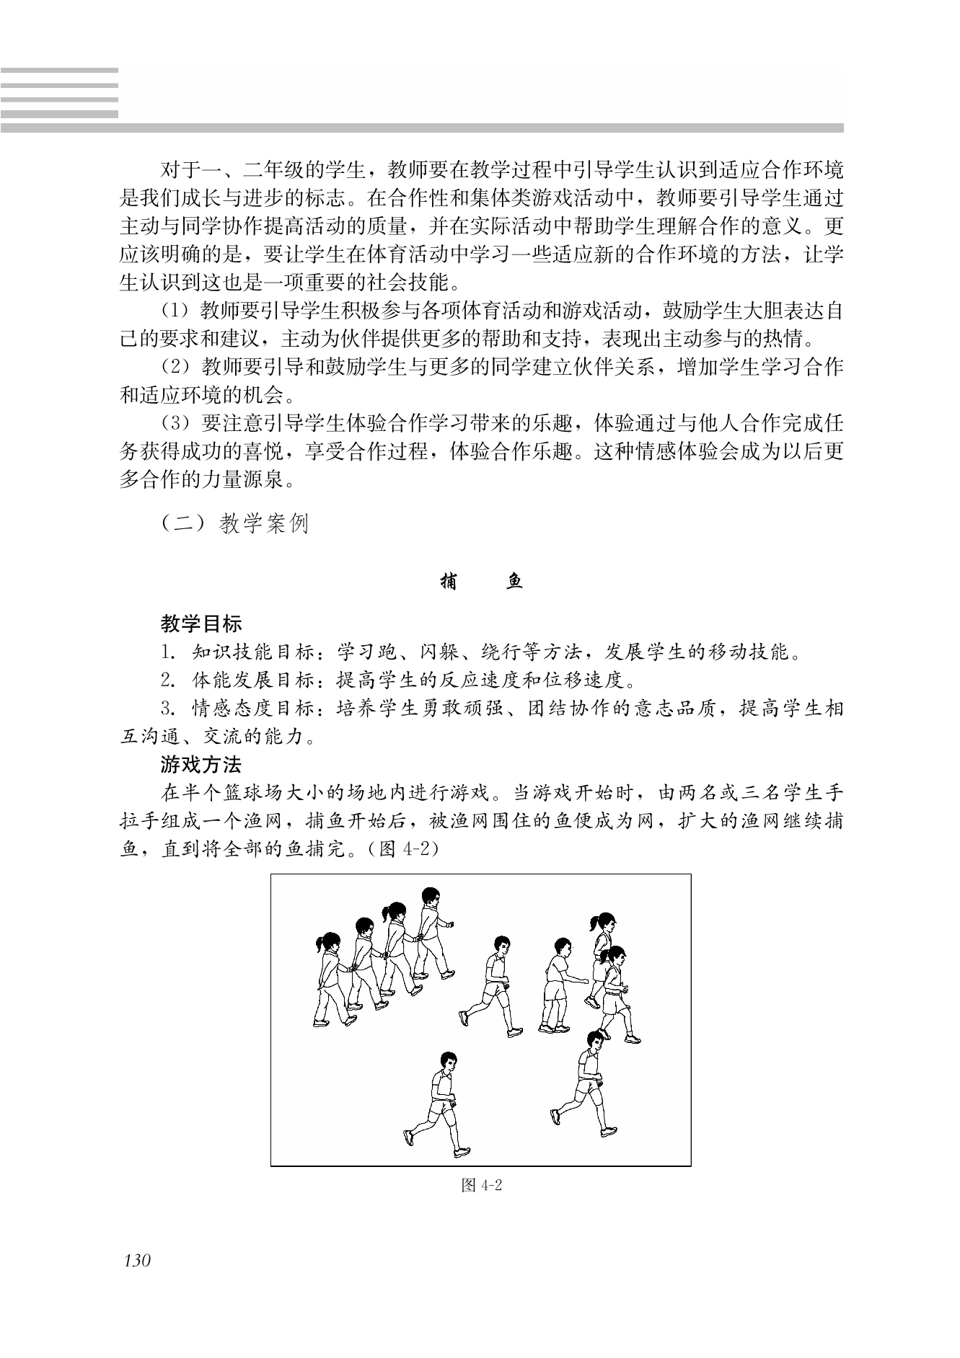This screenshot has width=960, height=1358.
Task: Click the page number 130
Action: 137,1261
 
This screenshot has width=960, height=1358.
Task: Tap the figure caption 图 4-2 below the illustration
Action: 481,1186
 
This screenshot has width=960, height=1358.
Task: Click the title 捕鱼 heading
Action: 481,582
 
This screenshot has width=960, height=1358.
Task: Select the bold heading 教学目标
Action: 201,623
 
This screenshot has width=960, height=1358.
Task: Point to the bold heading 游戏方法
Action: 201,764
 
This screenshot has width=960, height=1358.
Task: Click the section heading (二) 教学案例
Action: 235,523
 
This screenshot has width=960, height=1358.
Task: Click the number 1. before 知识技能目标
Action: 169,653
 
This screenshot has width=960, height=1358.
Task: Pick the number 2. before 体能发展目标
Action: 169,680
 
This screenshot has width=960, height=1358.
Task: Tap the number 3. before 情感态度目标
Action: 169,709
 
